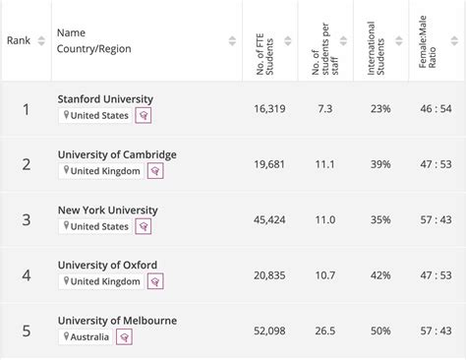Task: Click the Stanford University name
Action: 105,99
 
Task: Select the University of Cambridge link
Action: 117,154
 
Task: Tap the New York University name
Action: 107,210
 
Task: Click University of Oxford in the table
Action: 107,265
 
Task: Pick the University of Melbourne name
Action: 117,320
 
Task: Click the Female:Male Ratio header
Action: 428,40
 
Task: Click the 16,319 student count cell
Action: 268,107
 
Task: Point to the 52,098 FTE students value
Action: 268,329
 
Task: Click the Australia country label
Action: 90,336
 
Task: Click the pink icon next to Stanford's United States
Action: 144,116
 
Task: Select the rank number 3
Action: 27,218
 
